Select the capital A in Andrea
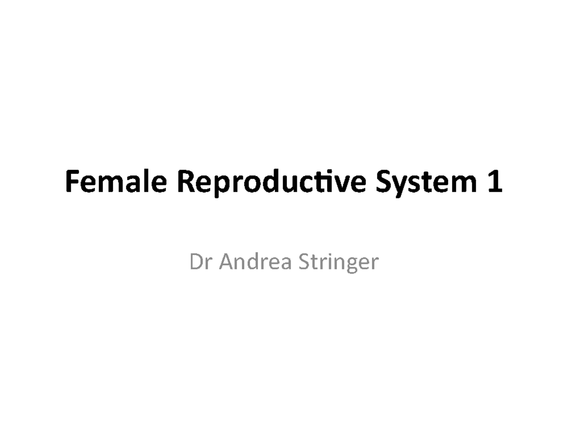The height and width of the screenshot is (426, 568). [228, 262]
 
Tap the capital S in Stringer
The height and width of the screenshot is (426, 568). [304, 262]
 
